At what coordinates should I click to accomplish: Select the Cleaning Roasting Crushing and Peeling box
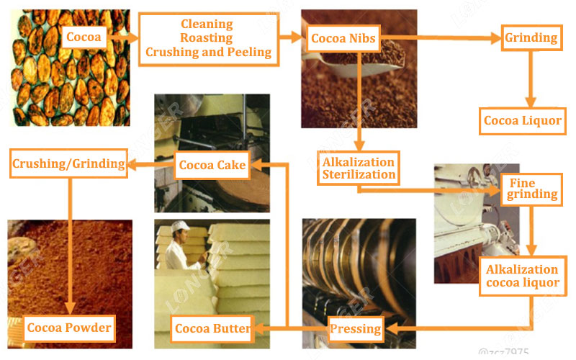[207, 38]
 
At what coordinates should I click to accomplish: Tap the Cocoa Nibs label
[343, 38]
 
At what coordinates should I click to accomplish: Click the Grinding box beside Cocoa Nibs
[532, 37]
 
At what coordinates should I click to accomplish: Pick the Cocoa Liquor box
[522, 120]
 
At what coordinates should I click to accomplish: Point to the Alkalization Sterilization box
[359, 168]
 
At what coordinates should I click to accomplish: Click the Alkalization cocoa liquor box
[522, 276]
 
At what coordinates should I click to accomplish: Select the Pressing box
[355, 329]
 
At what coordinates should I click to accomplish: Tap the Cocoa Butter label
[212, 329]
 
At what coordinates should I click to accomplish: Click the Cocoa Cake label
[212, 166]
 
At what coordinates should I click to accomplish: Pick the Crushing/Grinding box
[68, 163]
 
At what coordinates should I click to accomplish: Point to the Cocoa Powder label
[69, 328]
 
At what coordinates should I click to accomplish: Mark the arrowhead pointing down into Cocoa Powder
[70, 309]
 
